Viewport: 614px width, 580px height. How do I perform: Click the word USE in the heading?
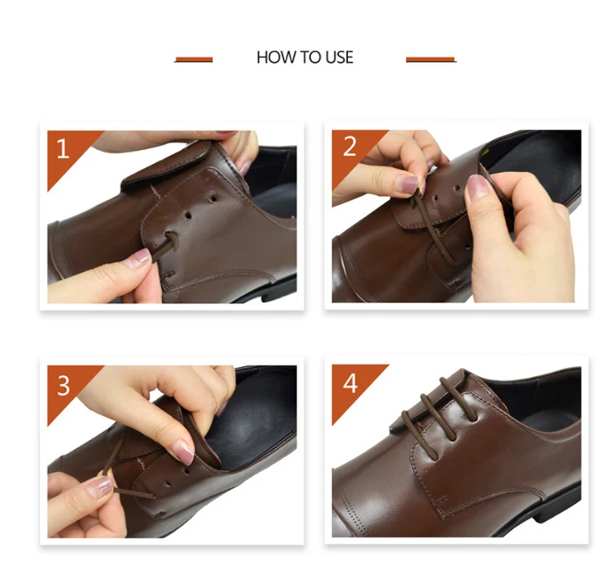pyautogui.click(x=340, y=57)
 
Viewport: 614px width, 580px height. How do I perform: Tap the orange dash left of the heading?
pyautogui.click(x=194, y=60)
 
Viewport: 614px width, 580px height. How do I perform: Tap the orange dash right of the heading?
pyautogui.click(x=431, y=60)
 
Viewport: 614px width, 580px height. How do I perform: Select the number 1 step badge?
pyautogui.click(x=64, y=149)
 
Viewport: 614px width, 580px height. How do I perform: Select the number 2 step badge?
pyautogui.click(x=350, y=147)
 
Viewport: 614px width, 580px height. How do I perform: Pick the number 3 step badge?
pyautogui.click(x=64, y=386)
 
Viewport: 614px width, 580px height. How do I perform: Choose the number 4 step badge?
pyautogui.click(x=350, y=383)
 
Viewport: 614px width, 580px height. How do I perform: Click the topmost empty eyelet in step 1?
pyautogui.click(x=213, y=198)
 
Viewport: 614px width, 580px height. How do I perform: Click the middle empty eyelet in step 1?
pyautogui.click(x=189, y=215)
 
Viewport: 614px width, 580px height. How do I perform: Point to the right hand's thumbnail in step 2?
pyautogui.click(x=478, y=188)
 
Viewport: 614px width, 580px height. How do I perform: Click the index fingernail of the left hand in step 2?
pyautogui.click(x=407, y=184)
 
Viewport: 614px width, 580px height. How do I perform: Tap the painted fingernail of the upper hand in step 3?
pyautogui.click(x=183, y=451)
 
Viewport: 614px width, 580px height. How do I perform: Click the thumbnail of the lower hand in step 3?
pyautogui.click(x=99, y=487)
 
